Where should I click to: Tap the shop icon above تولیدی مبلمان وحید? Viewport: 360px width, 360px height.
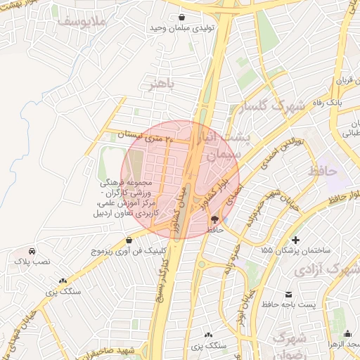point(182,18)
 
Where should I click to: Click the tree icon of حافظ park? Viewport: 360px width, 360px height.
point(214,219)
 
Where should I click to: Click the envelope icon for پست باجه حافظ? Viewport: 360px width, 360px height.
point(288,295)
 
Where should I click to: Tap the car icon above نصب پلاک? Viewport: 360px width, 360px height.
point(32,251)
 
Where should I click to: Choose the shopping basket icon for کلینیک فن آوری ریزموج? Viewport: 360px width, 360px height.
point(129,240)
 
